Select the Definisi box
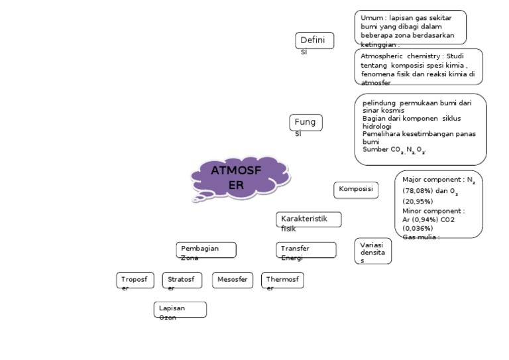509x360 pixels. click(314, 41)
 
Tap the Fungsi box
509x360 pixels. click(306, 123)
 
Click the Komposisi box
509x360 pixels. click(355, 190)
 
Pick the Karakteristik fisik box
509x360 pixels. click(308, 219)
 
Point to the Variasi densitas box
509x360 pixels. click(372, 251)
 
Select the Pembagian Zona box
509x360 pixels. click(206, 250)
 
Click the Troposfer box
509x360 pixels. click(135, 280)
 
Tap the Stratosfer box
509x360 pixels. click(182, 280)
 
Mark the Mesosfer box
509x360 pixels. click(232, 280)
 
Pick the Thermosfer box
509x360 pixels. click(282, 280)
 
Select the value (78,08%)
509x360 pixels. click(418, 190)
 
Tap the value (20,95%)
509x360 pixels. click(418, 201)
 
